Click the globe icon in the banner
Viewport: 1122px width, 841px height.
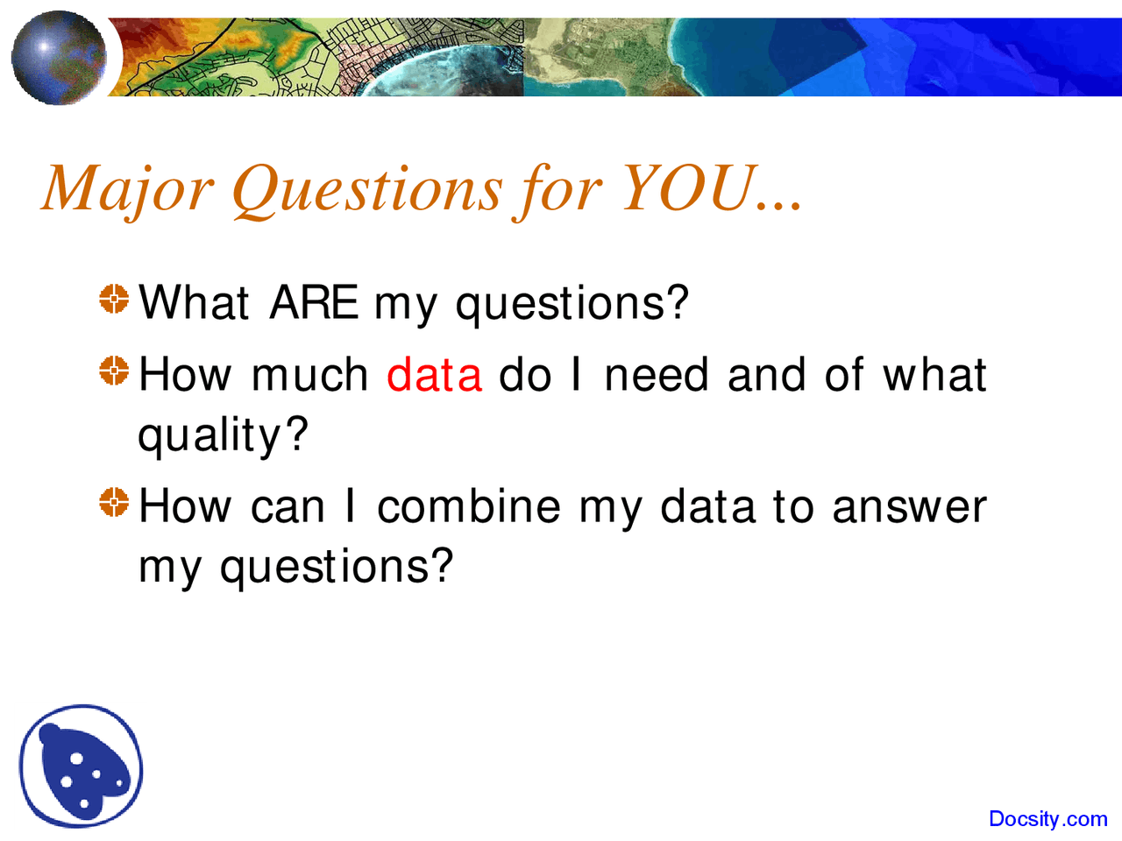[59, 58]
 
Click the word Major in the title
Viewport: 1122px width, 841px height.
[127, 188]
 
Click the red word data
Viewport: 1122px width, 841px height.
[434, 375]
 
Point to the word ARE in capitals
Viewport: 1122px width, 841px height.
[314, 303]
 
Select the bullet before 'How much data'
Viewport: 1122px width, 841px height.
[114, 371]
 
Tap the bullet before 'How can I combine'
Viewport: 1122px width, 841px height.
[114, 503]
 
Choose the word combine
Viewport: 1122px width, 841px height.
[468, 506]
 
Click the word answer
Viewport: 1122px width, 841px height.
[909, 508]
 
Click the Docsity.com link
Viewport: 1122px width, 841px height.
[1047, 819]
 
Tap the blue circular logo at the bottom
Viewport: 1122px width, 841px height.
[82, 767]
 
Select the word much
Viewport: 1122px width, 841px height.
[309, 375]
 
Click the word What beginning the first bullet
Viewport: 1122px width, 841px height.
[194, 303]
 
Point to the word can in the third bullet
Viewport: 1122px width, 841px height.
[288, 508]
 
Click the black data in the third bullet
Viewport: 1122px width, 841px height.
[707, 506]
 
